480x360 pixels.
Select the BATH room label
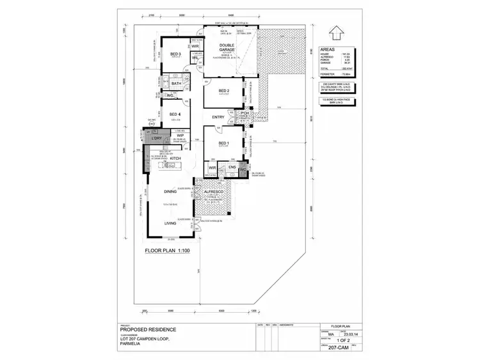click(176, 84)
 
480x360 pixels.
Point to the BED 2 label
click(223, 91)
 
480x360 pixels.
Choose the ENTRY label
click(218, 118)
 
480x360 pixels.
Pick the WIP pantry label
click(180, 136)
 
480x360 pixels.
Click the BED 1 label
click(223, 143)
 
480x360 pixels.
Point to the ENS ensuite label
click(232, 168)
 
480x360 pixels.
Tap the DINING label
click(170, 192)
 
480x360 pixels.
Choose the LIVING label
click(170, 223)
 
